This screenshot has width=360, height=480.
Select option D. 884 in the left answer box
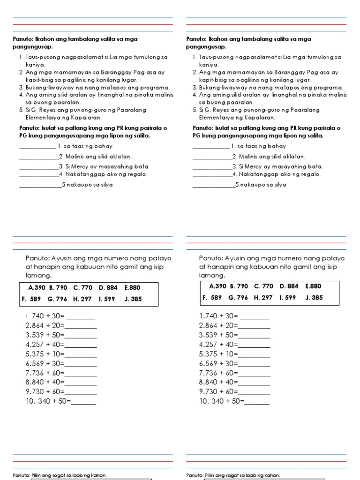coord(109,287)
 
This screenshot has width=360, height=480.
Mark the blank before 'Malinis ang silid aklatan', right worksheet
coord(212,157)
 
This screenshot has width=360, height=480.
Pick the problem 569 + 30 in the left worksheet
coord(49,363)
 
